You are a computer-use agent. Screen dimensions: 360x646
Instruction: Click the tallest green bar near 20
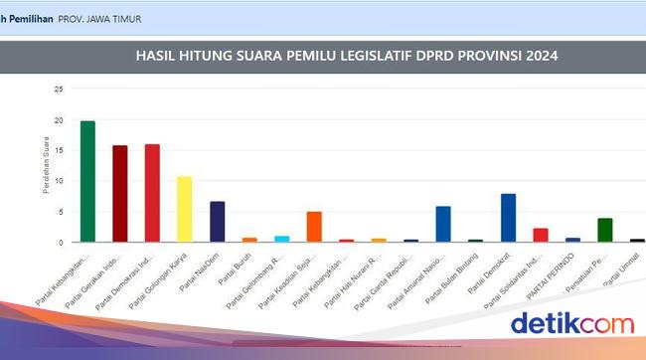tap(87, 181)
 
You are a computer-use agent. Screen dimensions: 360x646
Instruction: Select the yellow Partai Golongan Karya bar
tap(184, 209)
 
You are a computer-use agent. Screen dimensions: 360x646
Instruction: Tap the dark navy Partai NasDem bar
tap(217, 222)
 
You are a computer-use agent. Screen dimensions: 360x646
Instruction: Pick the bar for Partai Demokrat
tap(508, 218)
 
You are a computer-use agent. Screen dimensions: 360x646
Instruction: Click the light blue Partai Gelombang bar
tap(281, 239)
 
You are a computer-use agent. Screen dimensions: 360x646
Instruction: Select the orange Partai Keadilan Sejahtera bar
tap(314, 227)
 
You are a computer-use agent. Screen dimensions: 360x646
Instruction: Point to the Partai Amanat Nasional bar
tap(443, 224)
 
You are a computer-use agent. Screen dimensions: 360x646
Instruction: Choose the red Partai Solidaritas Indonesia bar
tap(541, 236)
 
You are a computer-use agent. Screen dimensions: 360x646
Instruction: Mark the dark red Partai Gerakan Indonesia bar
tap(119, 194)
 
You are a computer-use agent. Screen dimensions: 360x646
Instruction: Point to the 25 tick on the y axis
tap(59, 90)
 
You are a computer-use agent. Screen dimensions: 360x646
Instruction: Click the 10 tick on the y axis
tap(59, 181)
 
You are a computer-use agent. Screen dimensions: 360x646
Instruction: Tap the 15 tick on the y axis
tap(59, 150)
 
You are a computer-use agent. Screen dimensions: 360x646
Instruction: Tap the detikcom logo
tap(570, 323)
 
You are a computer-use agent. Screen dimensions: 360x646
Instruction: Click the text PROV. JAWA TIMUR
tap(100, 19)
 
